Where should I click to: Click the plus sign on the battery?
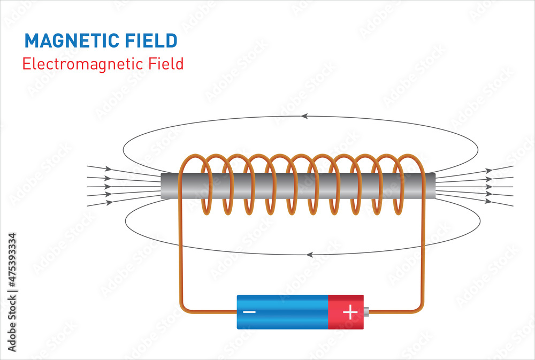click(x=350, y=312)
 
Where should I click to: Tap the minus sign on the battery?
click(x=249, y=312)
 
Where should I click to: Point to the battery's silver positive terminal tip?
click(x=366, y=312)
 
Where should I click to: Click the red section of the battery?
click(x=345, y=312)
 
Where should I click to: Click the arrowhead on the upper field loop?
click(x=304, y=116)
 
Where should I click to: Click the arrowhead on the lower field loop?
click(x=309, y=255)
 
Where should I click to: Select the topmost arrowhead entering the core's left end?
click(x=108, y=168)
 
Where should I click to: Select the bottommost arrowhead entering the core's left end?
click(x=109, y=203)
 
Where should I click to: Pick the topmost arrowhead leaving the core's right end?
click(x=488, y=170)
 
